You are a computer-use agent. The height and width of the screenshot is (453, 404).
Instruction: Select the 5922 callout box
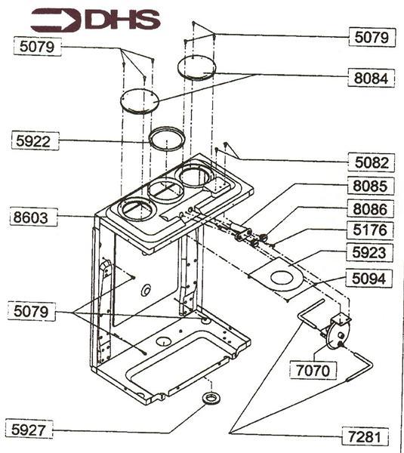coord(36,140)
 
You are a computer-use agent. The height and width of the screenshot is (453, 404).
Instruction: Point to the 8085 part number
coord(370,185)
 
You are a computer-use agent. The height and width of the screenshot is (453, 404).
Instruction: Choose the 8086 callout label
coord(370,208)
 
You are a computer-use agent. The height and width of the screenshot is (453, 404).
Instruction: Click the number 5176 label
coord(370,230)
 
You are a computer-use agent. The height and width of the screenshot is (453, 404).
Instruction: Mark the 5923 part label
coord(370,254)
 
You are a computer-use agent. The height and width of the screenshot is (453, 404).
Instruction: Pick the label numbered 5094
coord(370,278)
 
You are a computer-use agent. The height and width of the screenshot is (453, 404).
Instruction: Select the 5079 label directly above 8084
coord(370,35)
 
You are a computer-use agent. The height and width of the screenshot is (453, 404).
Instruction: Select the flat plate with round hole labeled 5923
coord(279,276)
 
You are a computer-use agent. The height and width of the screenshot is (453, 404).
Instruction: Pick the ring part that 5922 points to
coord(166,138)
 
